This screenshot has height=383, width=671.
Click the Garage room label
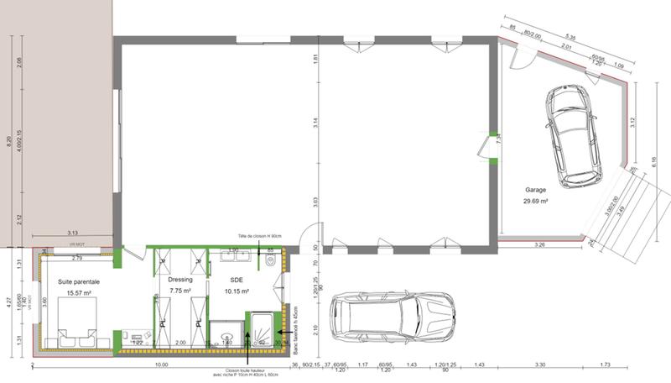[537, 190]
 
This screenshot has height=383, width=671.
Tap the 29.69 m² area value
[537, 202]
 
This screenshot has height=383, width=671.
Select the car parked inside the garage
[573, 135]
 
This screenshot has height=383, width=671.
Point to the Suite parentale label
[80, 281]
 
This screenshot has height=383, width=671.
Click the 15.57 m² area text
[80, 293]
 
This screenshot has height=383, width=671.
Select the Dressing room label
[181, 280]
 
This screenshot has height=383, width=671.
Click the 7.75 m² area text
[181, 291]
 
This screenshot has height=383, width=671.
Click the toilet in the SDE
[269, 261]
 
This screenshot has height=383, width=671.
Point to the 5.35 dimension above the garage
[570, 36]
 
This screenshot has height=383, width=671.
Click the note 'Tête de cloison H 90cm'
[258, 238]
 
